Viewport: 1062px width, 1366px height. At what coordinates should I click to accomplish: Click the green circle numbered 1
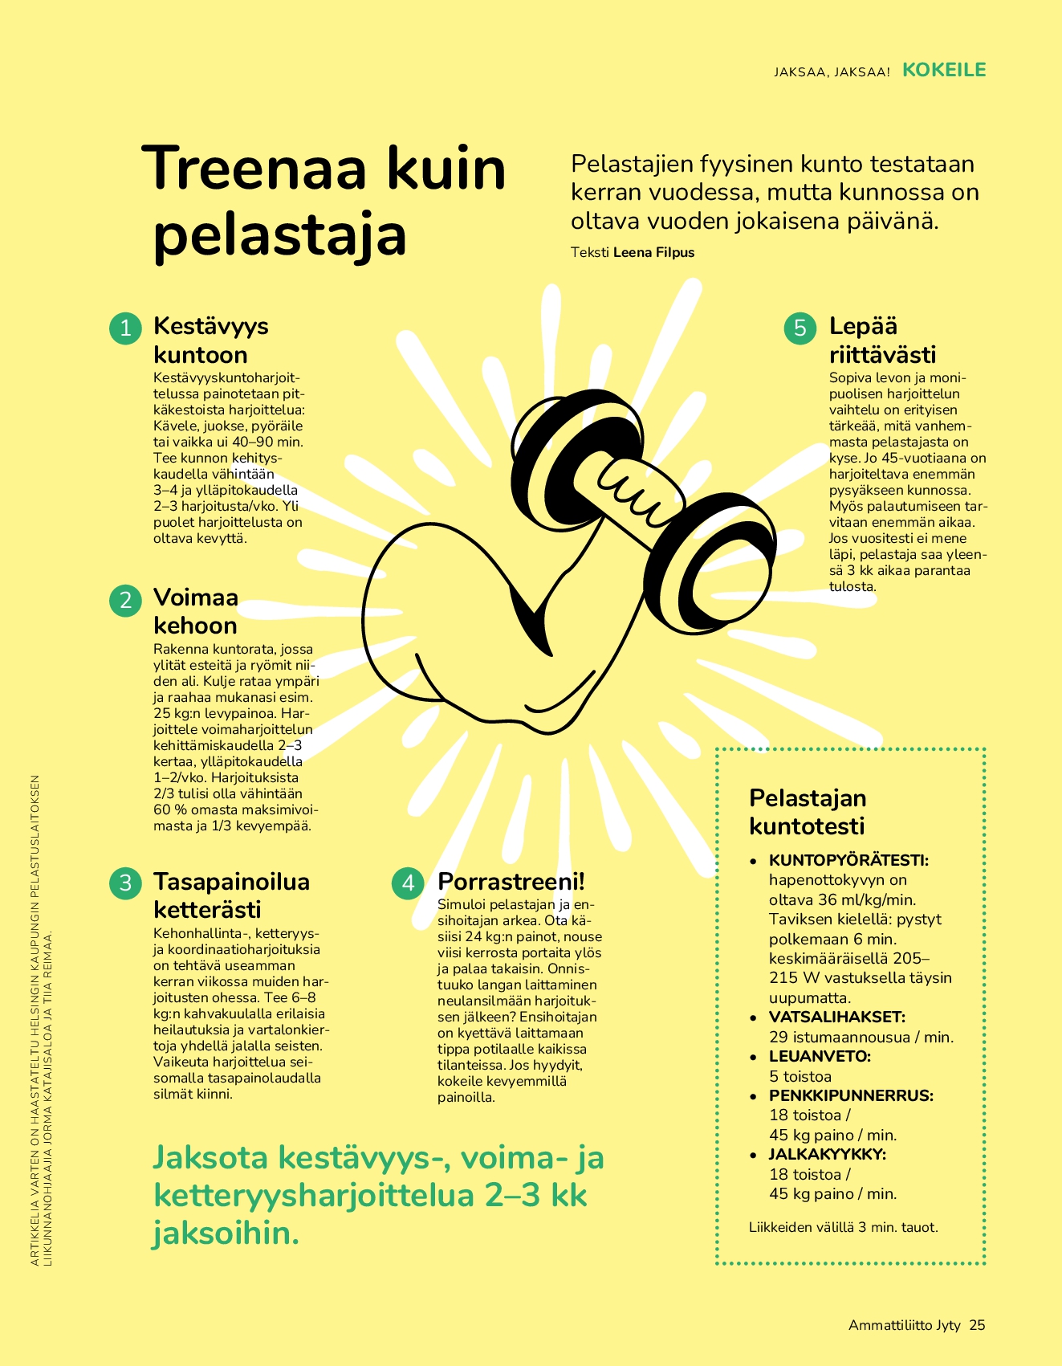125,328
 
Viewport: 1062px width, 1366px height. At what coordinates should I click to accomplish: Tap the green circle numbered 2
125,600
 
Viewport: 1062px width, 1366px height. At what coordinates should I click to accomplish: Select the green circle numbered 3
125,883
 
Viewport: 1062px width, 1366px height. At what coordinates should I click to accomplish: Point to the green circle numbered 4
408,883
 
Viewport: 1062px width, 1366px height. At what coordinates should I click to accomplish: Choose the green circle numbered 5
800,328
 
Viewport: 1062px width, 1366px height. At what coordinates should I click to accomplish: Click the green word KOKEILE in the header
944,70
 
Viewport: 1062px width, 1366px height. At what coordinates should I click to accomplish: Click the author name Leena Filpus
653,252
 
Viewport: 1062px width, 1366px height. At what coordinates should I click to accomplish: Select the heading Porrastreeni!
511,882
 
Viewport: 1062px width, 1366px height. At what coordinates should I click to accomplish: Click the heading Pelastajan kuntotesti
807,812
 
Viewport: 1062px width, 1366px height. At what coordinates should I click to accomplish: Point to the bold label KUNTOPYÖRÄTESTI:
848,860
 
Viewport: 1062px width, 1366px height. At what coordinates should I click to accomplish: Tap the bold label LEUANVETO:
820,1056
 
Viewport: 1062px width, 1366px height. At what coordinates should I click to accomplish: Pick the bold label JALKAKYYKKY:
827,1154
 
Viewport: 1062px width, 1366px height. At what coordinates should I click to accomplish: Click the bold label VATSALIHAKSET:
837,1017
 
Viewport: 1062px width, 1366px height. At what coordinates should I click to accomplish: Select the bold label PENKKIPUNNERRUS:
851,1095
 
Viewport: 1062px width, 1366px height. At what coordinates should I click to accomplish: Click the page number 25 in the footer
977,1325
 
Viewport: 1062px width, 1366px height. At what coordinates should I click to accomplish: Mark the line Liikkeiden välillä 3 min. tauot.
843,1227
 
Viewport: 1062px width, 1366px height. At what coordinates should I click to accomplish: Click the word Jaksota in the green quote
211,1157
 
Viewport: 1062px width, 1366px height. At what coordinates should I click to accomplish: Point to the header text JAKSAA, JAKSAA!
832,71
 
